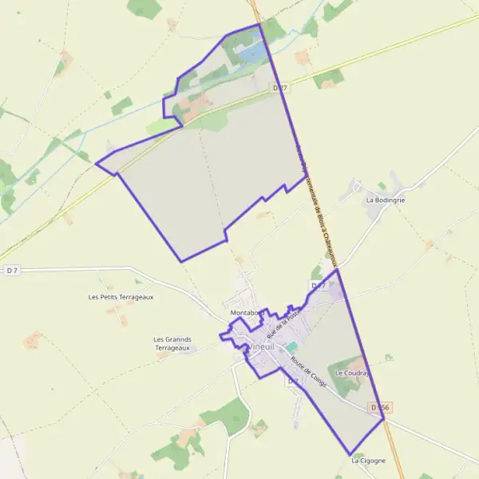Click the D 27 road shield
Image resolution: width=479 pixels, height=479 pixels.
(x=279, y=87)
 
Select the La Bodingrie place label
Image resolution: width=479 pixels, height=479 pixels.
(x=386, y=200)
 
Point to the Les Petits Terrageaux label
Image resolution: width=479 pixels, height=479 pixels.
(x=121, y=297)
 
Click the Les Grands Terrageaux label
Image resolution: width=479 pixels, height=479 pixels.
(x=172, y=343)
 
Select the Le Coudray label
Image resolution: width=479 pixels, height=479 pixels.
(x=351, y=373)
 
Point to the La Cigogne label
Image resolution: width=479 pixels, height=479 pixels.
(x=368, y=461)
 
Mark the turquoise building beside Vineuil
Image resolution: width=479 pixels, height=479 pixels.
(x=291, y=347)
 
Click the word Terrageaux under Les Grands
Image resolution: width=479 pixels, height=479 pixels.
(x=172, y=348)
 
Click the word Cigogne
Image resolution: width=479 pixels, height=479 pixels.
(x=372, y=461)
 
